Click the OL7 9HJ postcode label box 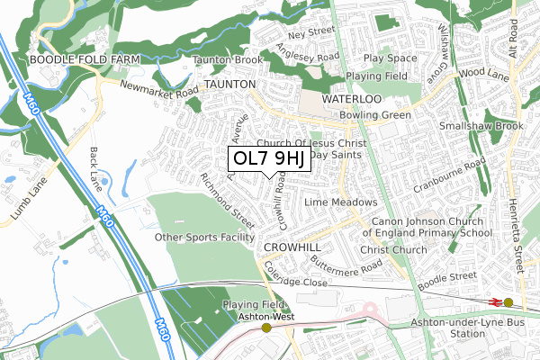tap(270, 158)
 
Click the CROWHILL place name tap(292, 246)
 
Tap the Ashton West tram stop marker tap(266, 328)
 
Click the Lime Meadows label tap(340, 202)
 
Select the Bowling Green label tap(375, 116)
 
